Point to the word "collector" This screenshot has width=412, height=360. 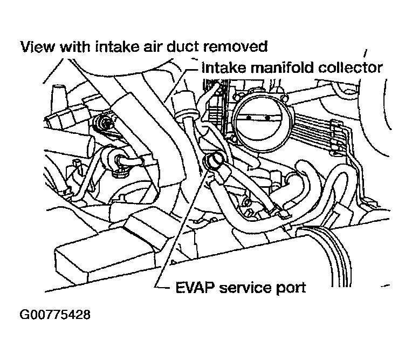(x=350, y=67)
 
